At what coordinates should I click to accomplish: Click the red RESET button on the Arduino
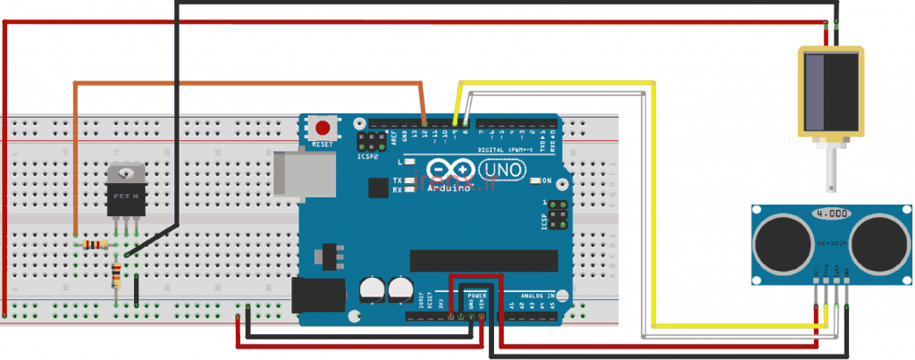[x=322, y=128]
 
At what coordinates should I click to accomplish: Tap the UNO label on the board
[x=503, y=169]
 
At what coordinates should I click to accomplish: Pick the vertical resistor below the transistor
[x=117, y=276]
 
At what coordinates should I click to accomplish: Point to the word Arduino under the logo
[x=450, y=188]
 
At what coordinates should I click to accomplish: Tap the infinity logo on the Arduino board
[x=449, y=169]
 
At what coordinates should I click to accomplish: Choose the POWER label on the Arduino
[x=476, y=294]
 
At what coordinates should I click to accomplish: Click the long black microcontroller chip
[x=483, y=261]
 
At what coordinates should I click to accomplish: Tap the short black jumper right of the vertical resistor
[x=136, y=290]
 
